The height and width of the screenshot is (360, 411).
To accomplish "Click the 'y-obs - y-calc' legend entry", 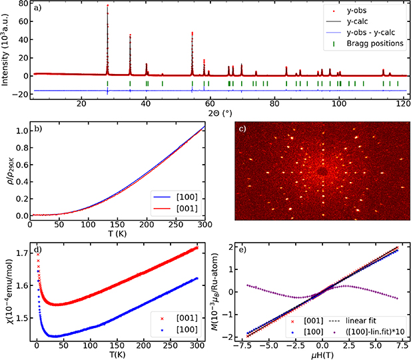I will (x=370, y=33).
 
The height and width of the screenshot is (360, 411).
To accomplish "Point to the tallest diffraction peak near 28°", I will (x=107, y=7).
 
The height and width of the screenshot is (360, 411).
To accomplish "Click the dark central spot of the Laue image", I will (x=322, y=171).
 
